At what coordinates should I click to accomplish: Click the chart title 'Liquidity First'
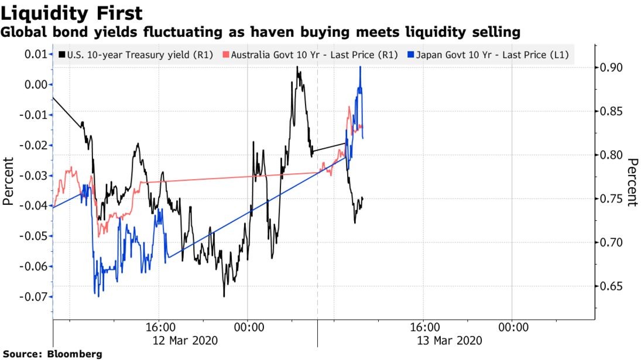click(x=71, y=12)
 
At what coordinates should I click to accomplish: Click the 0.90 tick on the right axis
click(x=612, y=68)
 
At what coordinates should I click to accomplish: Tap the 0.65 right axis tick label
click(x=612, y=287)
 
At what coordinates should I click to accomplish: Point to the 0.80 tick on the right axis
click(x=612, y=156)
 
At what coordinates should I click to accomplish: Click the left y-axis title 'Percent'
click(x=8, y=181)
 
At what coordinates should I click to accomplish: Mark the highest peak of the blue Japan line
click(x=360, y=67)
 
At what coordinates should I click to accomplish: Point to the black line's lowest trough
click(x=224, y=296)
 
